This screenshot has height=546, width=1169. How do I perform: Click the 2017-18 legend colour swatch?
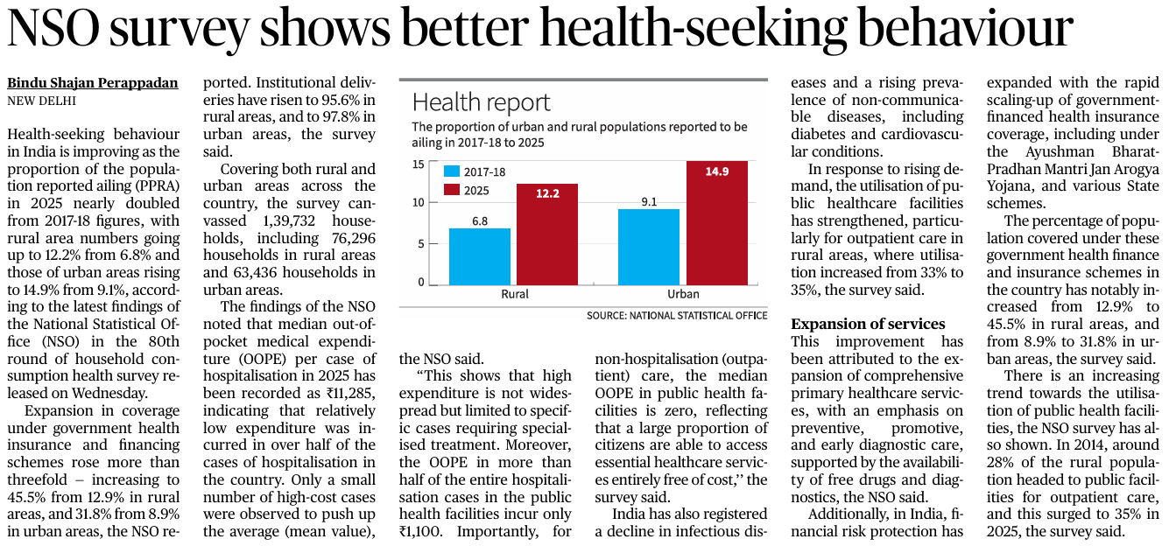[x=452, y=171]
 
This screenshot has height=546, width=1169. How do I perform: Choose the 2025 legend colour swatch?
[x=452, y=189]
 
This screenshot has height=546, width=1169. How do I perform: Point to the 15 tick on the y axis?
[x=419, y=164]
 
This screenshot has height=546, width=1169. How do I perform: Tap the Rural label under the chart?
[x=514, y=295]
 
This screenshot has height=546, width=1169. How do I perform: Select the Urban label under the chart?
[x=683, y=295]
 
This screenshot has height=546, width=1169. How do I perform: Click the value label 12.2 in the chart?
[x=547, y=194]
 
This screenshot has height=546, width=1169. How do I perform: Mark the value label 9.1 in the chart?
[x=649, y=202]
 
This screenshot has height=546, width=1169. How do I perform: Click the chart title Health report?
[x=481, y=102]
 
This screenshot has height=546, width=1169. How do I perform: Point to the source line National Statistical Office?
[x=677, y=315]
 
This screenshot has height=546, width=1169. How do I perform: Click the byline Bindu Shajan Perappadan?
[x=93, y=83]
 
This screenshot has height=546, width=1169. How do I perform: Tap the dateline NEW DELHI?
[x=41, y=100]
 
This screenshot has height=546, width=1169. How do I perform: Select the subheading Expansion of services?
[x=868, y=324]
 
